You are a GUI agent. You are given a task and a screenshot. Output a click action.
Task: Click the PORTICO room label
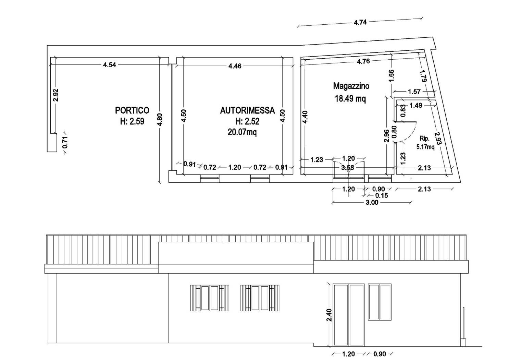point(132,110)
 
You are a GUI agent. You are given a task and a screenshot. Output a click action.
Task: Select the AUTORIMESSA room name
point(247,110)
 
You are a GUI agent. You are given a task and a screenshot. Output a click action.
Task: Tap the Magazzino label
point(351,86)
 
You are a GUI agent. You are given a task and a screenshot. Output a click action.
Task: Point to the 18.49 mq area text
point(350,99)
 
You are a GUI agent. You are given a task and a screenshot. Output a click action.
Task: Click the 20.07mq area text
point(242,132)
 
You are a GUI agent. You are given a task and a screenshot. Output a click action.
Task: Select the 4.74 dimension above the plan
point(360,22)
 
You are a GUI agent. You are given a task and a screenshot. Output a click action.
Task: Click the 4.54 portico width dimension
point(110,65)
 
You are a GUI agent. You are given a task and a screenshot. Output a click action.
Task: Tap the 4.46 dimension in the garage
point(235,66)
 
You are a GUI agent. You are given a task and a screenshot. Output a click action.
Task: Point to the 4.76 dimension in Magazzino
point(363,61)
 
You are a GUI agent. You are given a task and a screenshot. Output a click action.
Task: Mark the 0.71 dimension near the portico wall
point(65,142)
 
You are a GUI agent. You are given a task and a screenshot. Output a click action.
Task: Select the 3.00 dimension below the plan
point(372,202)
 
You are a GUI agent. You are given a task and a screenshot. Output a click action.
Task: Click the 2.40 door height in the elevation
point(329,315)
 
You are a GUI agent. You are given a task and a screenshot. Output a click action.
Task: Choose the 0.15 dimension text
point(382,195)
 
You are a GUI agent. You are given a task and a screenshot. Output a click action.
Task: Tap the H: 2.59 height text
point(132,121)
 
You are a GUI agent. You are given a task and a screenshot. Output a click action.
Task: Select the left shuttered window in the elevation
point(210,298)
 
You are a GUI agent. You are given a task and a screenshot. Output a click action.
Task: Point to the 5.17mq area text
point(425,147)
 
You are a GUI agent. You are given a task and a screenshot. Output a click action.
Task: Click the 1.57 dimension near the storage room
point(414,92)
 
